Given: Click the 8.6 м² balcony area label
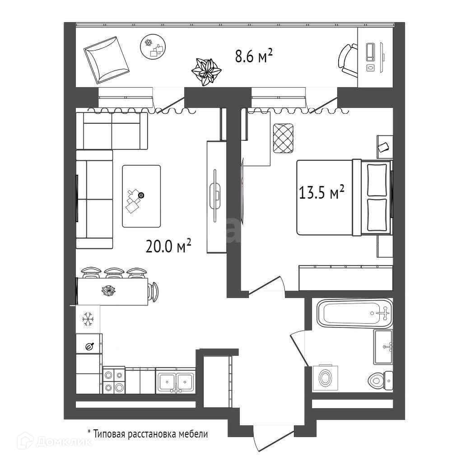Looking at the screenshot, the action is click(x=253, y=57).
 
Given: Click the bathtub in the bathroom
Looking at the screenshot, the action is click(x=354, y=313).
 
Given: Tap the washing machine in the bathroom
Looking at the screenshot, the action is click(x=325, y=378).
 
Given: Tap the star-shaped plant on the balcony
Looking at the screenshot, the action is click(x=206, y=71).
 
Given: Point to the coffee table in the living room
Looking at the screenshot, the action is click(x=141, y=196).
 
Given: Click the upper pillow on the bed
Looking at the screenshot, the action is click(x=377, y=179).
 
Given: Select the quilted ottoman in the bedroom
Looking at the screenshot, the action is click(x=284, y=138).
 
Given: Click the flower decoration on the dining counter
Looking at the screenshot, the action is click(x=108, y=291).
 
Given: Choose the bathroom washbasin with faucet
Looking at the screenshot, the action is click(x=383, y=346).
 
